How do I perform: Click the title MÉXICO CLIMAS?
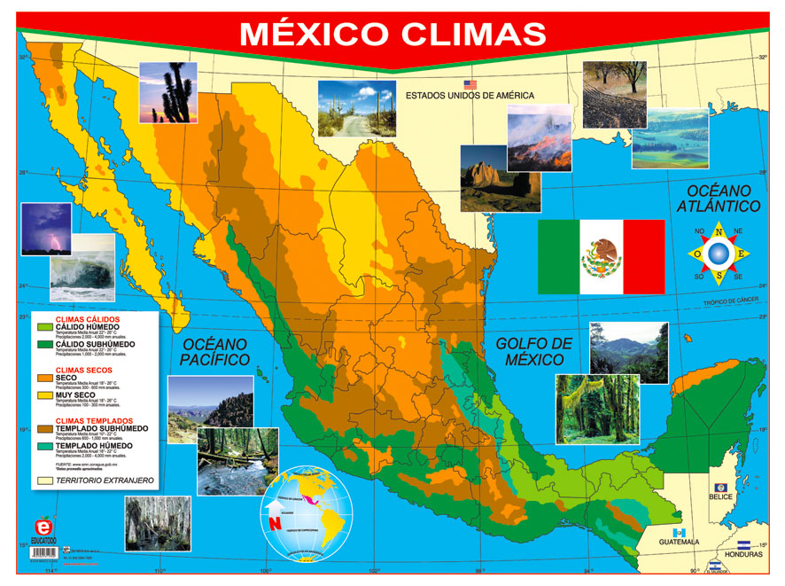click(392, 34)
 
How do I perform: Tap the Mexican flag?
click(601, 256)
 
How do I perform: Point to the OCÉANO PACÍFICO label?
click(214, 352)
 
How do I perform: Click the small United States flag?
click(470, 84)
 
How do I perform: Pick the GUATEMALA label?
click(679, 542)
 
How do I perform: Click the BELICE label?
click(721, 497)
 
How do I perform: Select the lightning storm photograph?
click(45, 229)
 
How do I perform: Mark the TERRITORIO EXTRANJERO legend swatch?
click(46, 481)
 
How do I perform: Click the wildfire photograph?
click(539, 137)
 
